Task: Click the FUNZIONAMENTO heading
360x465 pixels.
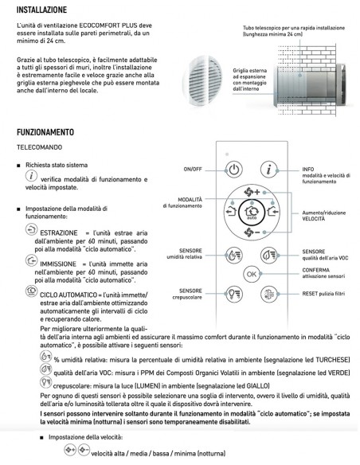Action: [x=45, y=131]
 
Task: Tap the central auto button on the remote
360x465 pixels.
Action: [x=252, y=213]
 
